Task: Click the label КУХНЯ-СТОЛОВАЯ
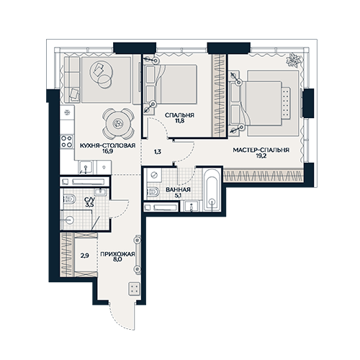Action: click(x=107, y=145)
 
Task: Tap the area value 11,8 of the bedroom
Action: click(x=179, y=121)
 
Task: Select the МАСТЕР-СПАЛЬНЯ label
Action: click(x=261, y=150)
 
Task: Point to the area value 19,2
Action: click(x=261, y=156)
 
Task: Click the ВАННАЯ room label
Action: click(x=178, y=189)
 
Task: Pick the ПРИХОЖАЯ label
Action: click(x=117, y=254)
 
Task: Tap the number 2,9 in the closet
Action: click(x=85, y=256)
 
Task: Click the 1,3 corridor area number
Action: click(x=158, y=152)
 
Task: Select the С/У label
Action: click(x=90, y=199)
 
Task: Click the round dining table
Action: click(x=118, y=124)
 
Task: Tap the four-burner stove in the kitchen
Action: click(x=67, y=141)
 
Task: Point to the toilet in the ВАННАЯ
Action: click(x=153, y=192)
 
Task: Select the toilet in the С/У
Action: click(x=69, y=199)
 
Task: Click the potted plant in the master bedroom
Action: click(x=292, y=60)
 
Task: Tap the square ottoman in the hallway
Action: click(x=134, y=289)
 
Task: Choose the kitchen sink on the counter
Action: click(x=86, y=167)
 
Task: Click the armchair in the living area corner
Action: click(x=74, y=94)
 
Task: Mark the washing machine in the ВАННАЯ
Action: click(x=154, y=175)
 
